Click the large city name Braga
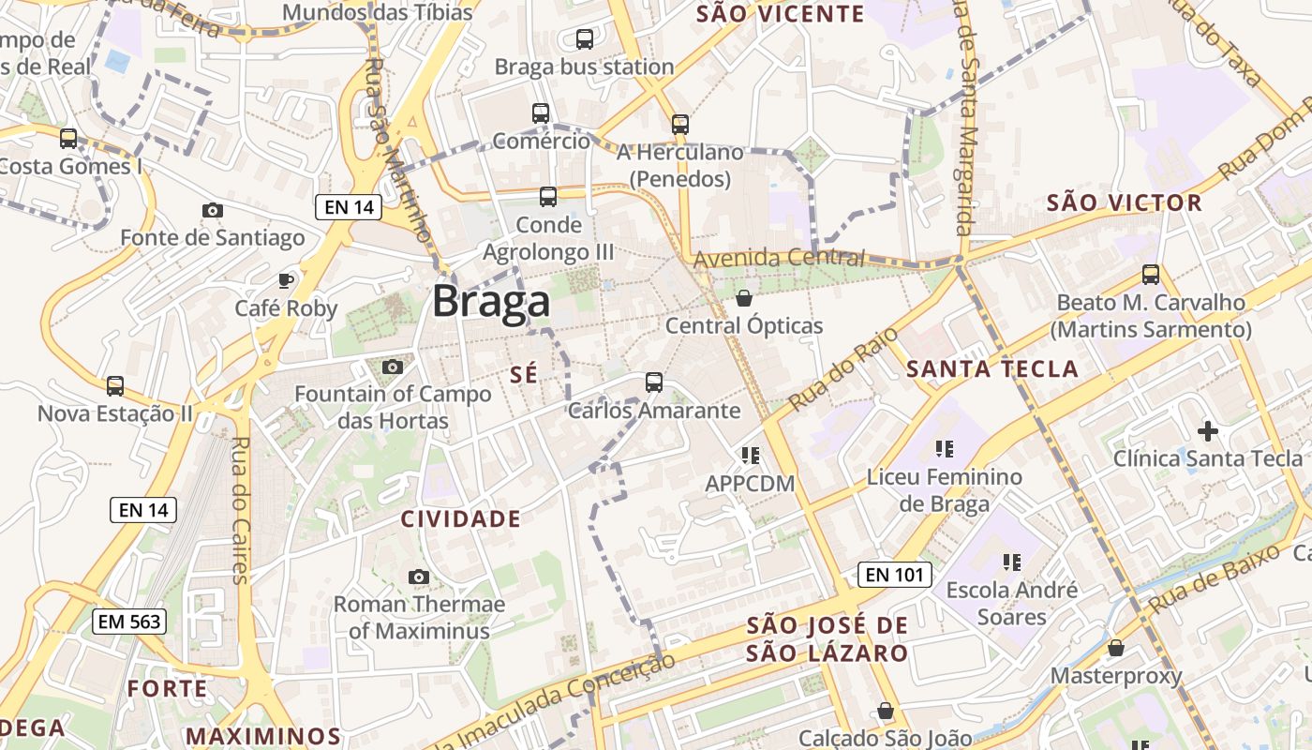pyautogui.click(x=490, y=302)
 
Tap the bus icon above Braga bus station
pyautogui.click(x=585, y=39)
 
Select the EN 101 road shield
pyautogui.click(x=895, y=574)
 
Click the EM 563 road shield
pyautogui.click(x=129, y=621)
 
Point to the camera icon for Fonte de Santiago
pyautogui.click(x=213, y=210)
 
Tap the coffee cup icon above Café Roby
pyautogui.click(x=286, y=280)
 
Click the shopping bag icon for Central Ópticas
pyautogui.click(x=744, y=298)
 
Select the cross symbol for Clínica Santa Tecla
pyautogui.click(x=1208, y=431)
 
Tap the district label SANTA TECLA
pyautogui.click(x=992, y=369)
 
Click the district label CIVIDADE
pyautogui.click(x=460, y=518)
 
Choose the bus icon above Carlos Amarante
pyautogui.click(x=654, y=382)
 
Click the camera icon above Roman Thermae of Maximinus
pyautogui.click(x=419, y=577)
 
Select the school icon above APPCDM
pyautogui.click(x=750, y=456)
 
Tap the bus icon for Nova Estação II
pyautogui.click(x=115, y=385)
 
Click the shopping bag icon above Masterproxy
pyautogui.click(x=1115, y=648)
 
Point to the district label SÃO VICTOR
pyautogui.click(x=1124, y=203)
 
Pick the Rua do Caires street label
pyautogui.click(x=240, y=511)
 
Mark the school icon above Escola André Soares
pyautogui.click(x=1012, y=562)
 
